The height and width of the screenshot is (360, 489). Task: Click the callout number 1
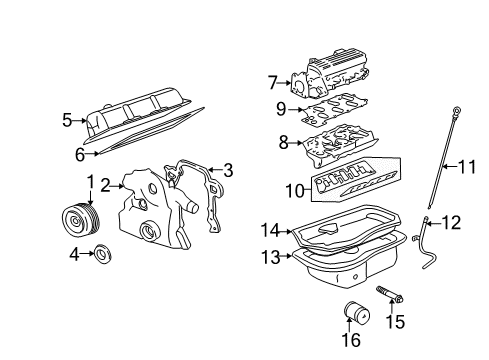[x=89, y=181]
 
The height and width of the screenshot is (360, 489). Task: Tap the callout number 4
[x=73, y=254]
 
